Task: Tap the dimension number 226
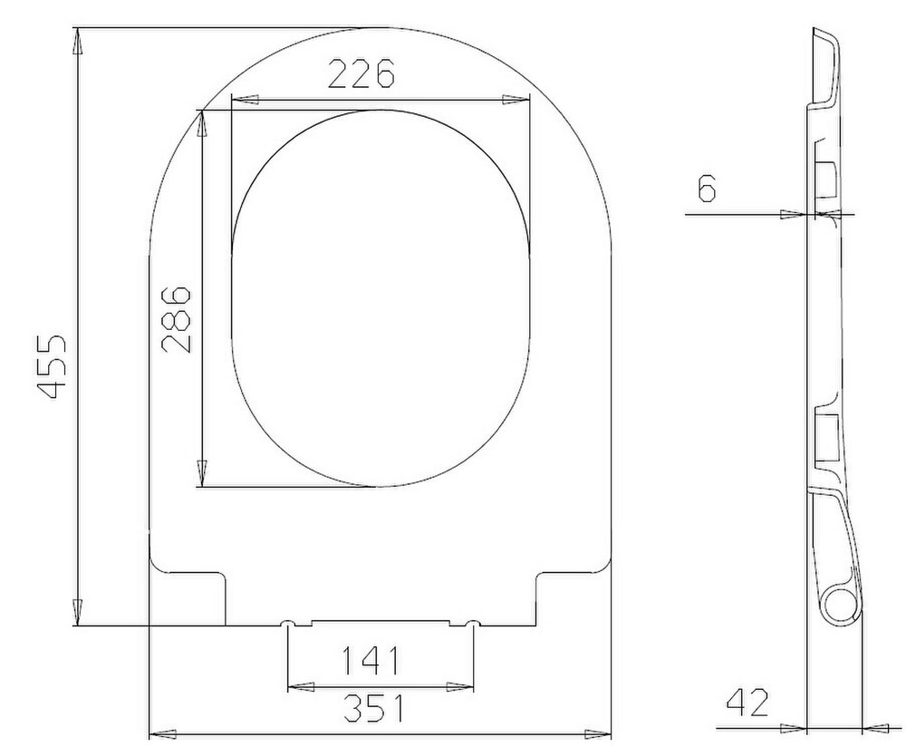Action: pyautogui.click(x=361, y=73)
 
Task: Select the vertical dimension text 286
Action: pyautogui.click(x=176, y=318)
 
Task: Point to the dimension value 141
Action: pyautogui.click(x=371, y=660)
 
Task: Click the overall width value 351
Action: pyautogui.click(x=373, y=708)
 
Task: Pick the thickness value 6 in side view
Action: pyautogui.click(x=707, y=188)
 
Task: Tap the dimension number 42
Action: pyautogui.click(x=747, y=702)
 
